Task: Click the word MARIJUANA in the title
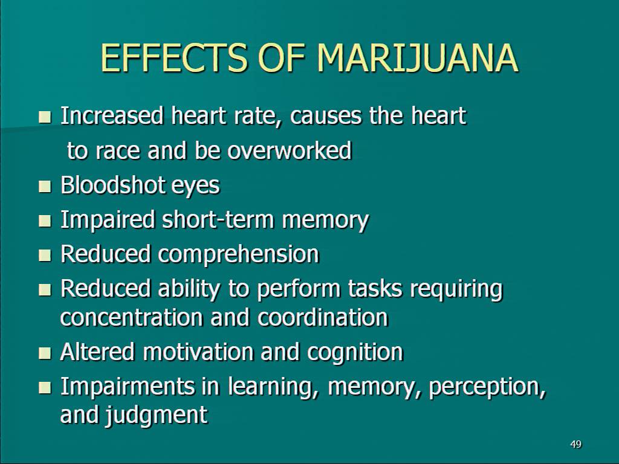coord(417,58)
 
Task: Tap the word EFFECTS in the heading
coord(174,58)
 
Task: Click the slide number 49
coord(576,444)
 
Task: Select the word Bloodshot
coord(112,185)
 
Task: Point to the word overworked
coord(290,150)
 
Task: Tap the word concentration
coord(131,317)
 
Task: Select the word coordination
coord(323,317)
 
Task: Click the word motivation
coord(198,352)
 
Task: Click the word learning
coord(273,387)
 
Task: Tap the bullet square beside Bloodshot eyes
coord(45,186)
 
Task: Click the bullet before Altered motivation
coord(45,352)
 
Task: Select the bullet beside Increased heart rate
coord(45,117)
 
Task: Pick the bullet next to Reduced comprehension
coord(45,255)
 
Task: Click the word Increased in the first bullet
coord(112,115)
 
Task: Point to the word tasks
coord(375,288)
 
